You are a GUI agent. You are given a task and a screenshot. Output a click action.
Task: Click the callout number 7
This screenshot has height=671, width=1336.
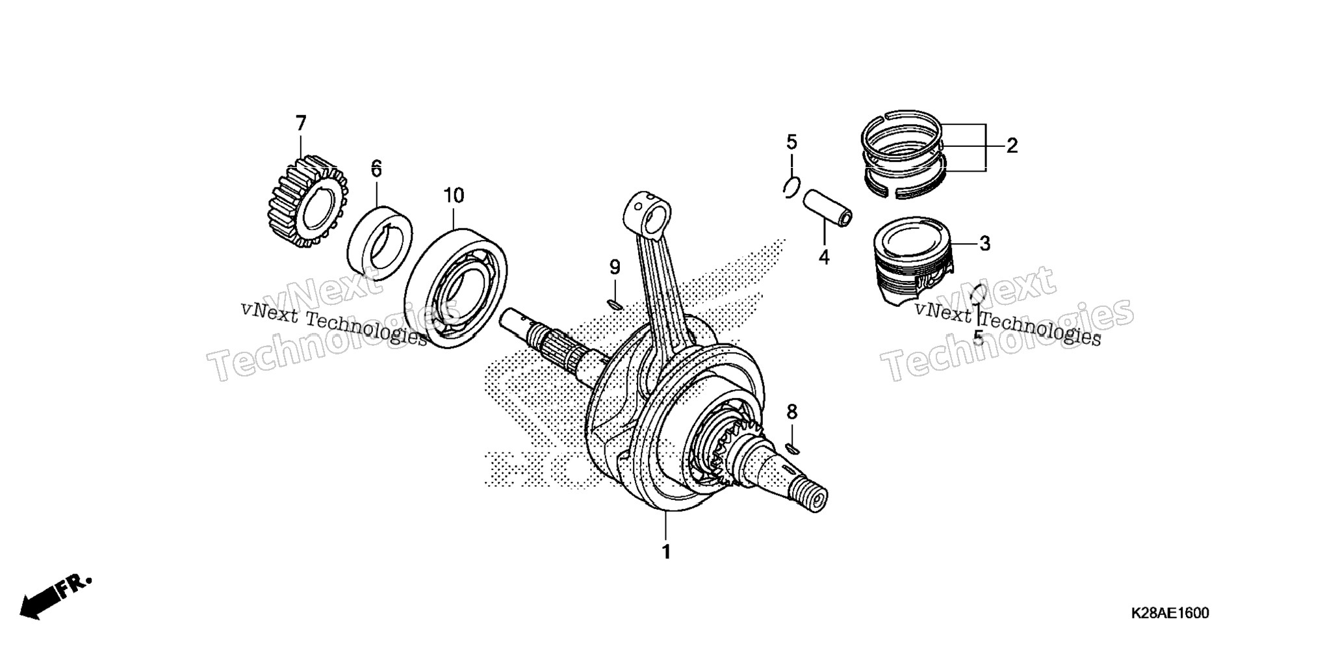tap(300, 124)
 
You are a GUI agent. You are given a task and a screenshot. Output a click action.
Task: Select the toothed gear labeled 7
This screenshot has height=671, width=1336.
tap(307, 202)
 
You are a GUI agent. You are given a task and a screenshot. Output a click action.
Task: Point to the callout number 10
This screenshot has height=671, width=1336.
tap(454, 195)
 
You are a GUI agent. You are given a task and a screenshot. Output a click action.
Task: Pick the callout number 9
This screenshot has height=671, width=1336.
tap(615, 267)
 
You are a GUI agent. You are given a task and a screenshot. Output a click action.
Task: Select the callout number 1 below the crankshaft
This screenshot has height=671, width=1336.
tap(665, 551)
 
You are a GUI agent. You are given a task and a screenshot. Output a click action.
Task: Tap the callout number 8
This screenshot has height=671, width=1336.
tap(791, 412)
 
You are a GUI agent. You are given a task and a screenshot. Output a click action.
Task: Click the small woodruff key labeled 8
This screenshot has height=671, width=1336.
tap(792, 447)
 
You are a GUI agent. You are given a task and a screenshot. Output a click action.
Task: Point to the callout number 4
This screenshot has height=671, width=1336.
tap(824, 257)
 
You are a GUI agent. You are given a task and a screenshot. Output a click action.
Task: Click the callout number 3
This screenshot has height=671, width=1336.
tap(984, 244)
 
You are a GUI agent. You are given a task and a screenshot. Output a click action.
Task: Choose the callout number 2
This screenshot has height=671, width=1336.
tap(1012, 146)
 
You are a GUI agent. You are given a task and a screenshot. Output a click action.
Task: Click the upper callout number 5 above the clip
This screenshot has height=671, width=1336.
tap(791, 141)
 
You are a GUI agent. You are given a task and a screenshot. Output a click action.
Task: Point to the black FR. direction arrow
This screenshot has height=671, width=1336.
tap(57, 596)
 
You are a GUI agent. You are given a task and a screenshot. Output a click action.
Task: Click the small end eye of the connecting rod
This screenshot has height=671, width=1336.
tap(647, 214)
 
